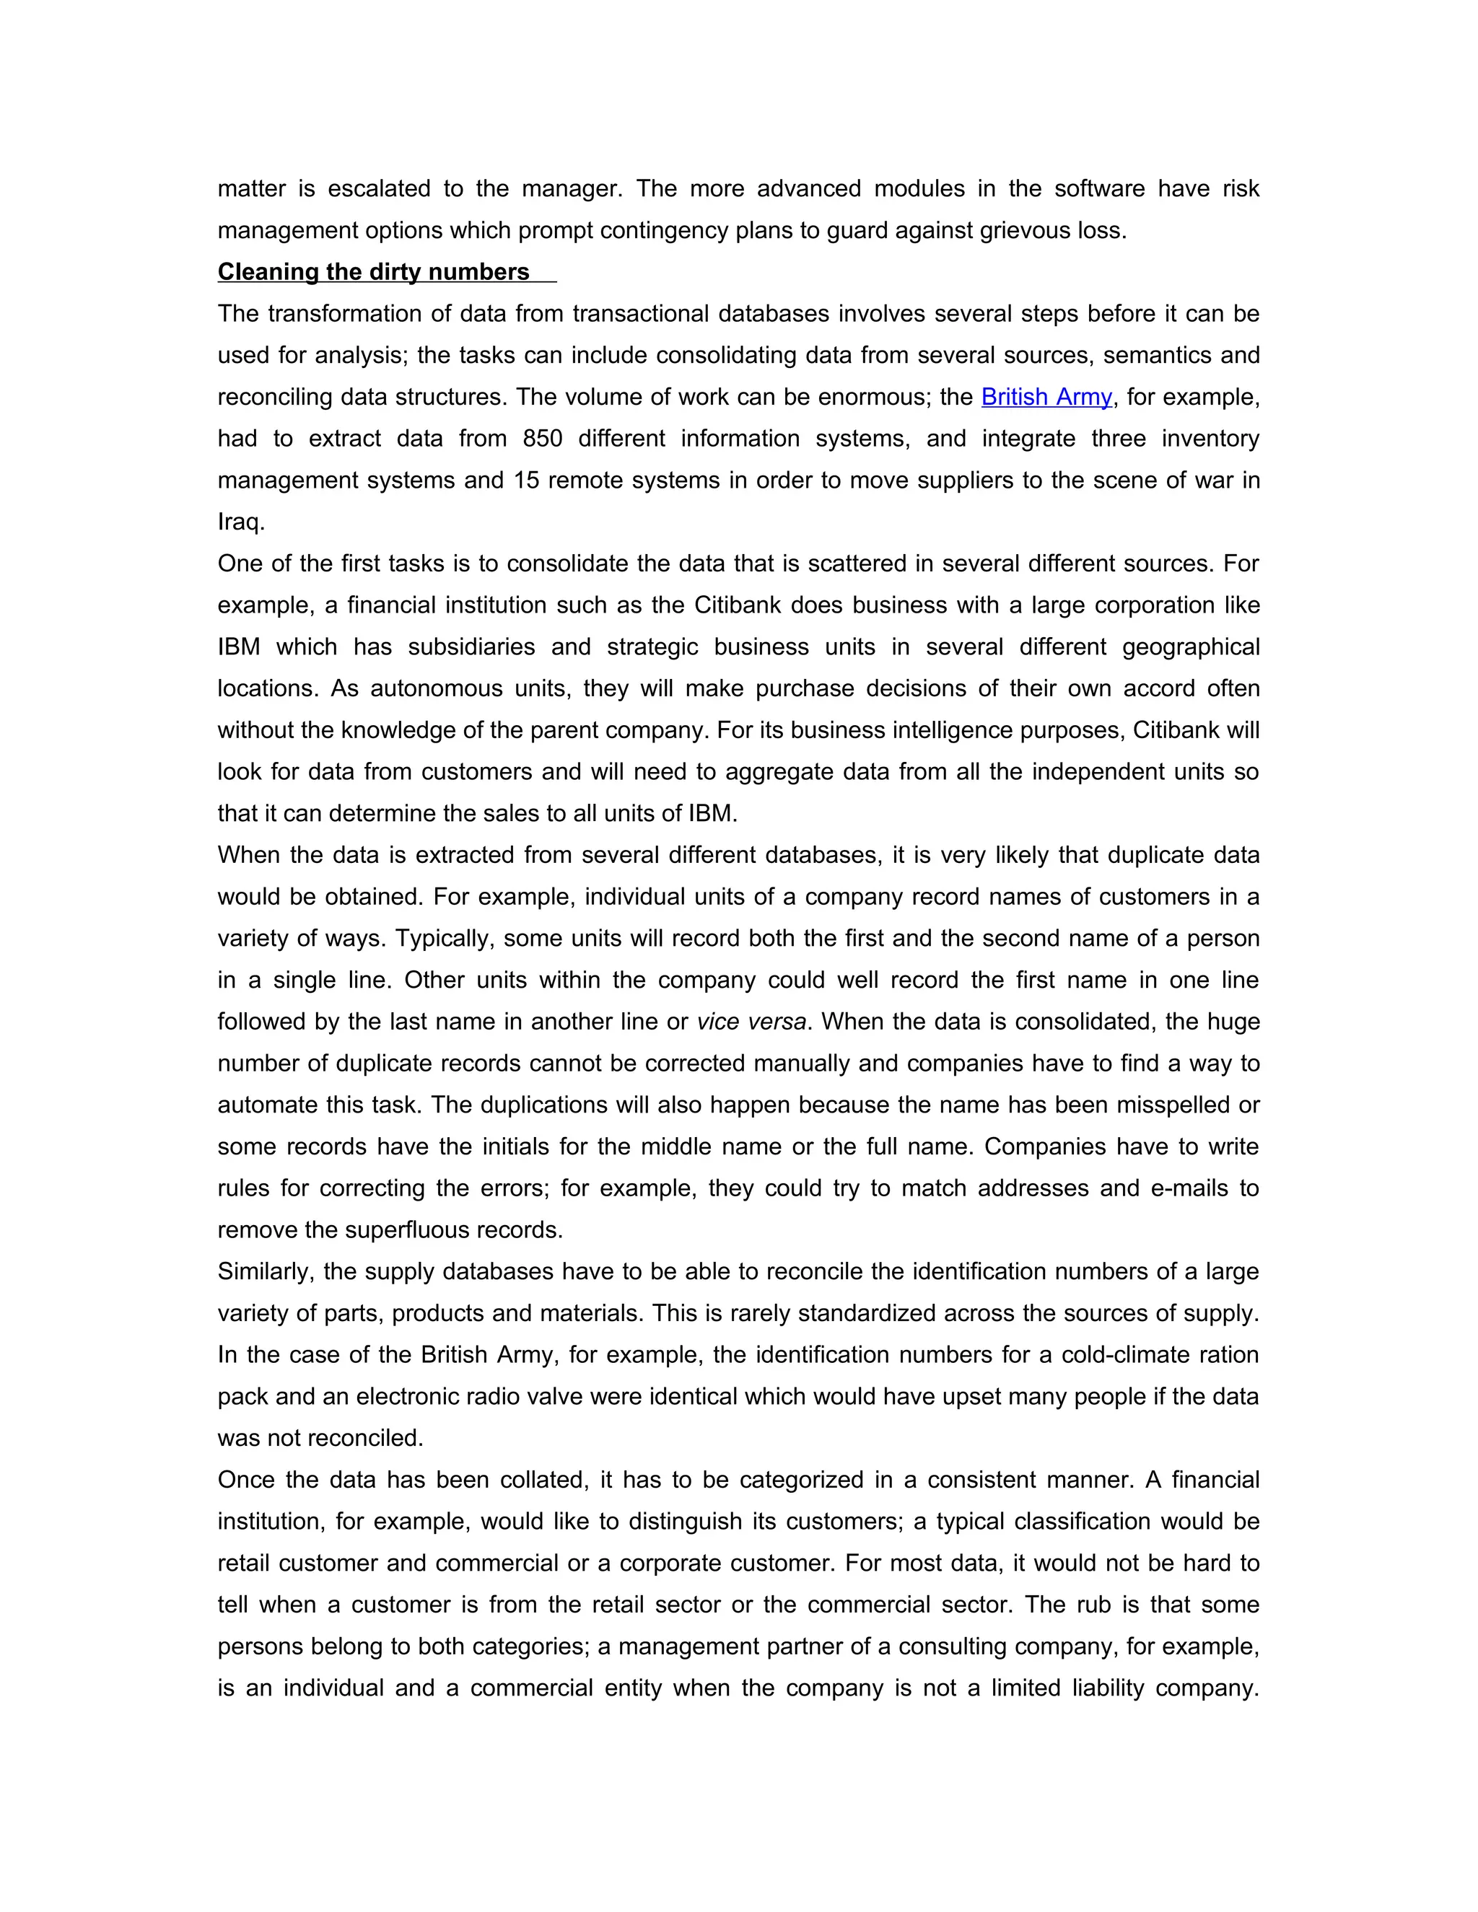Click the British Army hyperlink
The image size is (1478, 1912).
pos(1046,397)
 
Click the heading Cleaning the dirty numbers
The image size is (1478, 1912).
pos(373,272)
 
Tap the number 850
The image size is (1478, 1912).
pos(542,439)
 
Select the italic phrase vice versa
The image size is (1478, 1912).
pos(751,1022)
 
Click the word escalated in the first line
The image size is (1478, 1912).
pos(378,189)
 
